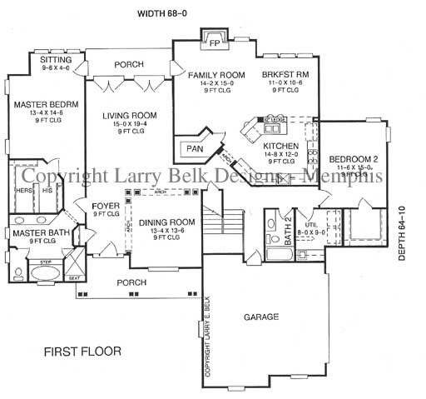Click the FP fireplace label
click(214, 42)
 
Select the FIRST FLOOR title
click(82, 352)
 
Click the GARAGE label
click(260, 317)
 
